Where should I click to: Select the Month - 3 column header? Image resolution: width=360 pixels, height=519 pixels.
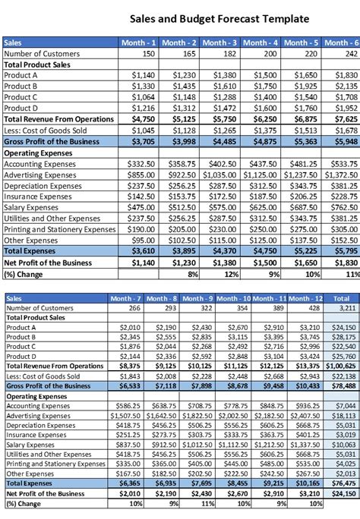coord(220,43)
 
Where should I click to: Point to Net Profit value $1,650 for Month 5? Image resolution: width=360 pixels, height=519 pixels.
coord(303,262)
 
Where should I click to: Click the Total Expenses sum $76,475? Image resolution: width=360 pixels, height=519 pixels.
coord(343,483)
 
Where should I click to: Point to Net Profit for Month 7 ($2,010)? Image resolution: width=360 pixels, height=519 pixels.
coord(130,492)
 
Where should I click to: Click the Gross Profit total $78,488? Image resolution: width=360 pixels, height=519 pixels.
coord(343,385)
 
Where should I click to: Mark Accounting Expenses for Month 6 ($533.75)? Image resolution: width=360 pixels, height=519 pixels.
coord(343,164)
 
